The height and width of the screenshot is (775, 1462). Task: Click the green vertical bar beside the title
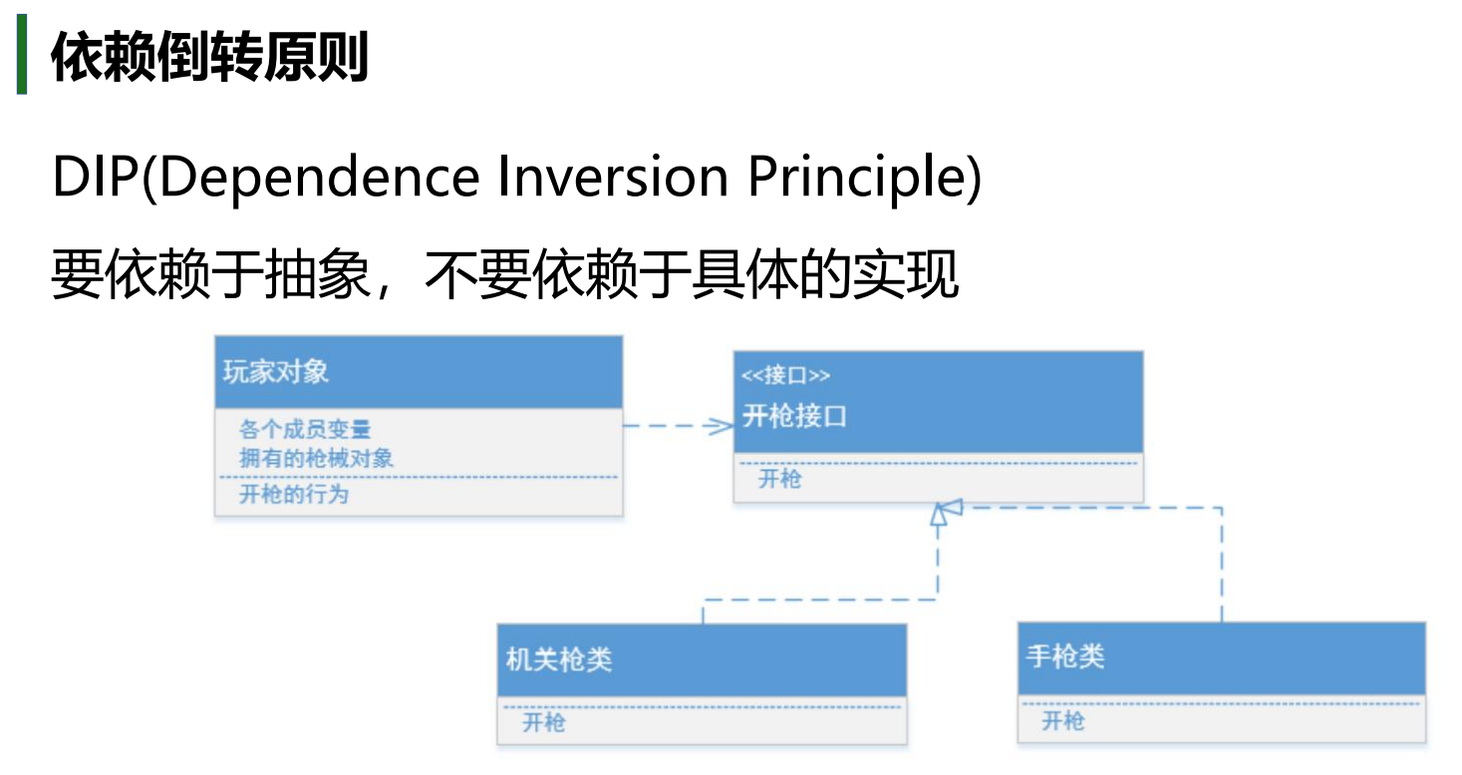[22, 54]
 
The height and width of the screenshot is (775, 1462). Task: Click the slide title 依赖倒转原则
[210, 57]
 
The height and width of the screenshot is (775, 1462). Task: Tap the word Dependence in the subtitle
[320, 178]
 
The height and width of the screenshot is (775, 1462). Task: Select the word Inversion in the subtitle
[613, 177]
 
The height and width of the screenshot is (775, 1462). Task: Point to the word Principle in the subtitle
[856, 178]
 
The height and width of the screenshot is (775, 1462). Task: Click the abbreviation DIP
[96, 176]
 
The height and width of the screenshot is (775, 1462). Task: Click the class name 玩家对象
[275, 372]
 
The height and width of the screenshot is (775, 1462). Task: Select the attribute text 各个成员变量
[305, 429]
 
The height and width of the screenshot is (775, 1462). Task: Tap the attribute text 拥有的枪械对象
[316, 458]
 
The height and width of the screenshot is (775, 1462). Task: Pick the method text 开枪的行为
[294, 494]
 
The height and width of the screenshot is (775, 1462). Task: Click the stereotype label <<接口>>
[786, 375]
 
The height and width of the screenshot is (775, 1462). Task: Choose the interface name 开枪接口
[794, 416]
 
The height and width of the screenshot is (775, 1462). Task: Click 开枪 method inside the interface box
[779, 479]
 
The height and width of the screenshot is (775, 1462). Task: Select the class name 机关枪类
[559, 659]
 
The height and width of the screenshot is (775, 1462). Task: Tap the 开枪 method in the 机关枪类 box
[544, 723]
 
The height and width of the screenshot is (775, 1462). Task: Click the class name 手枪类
[1065, 656]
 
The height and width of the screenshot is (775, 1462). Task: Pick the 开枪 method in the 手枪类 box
[1063, 721]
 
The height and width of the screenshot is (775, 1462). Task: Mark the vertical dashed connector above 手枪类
[1222, 565]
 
